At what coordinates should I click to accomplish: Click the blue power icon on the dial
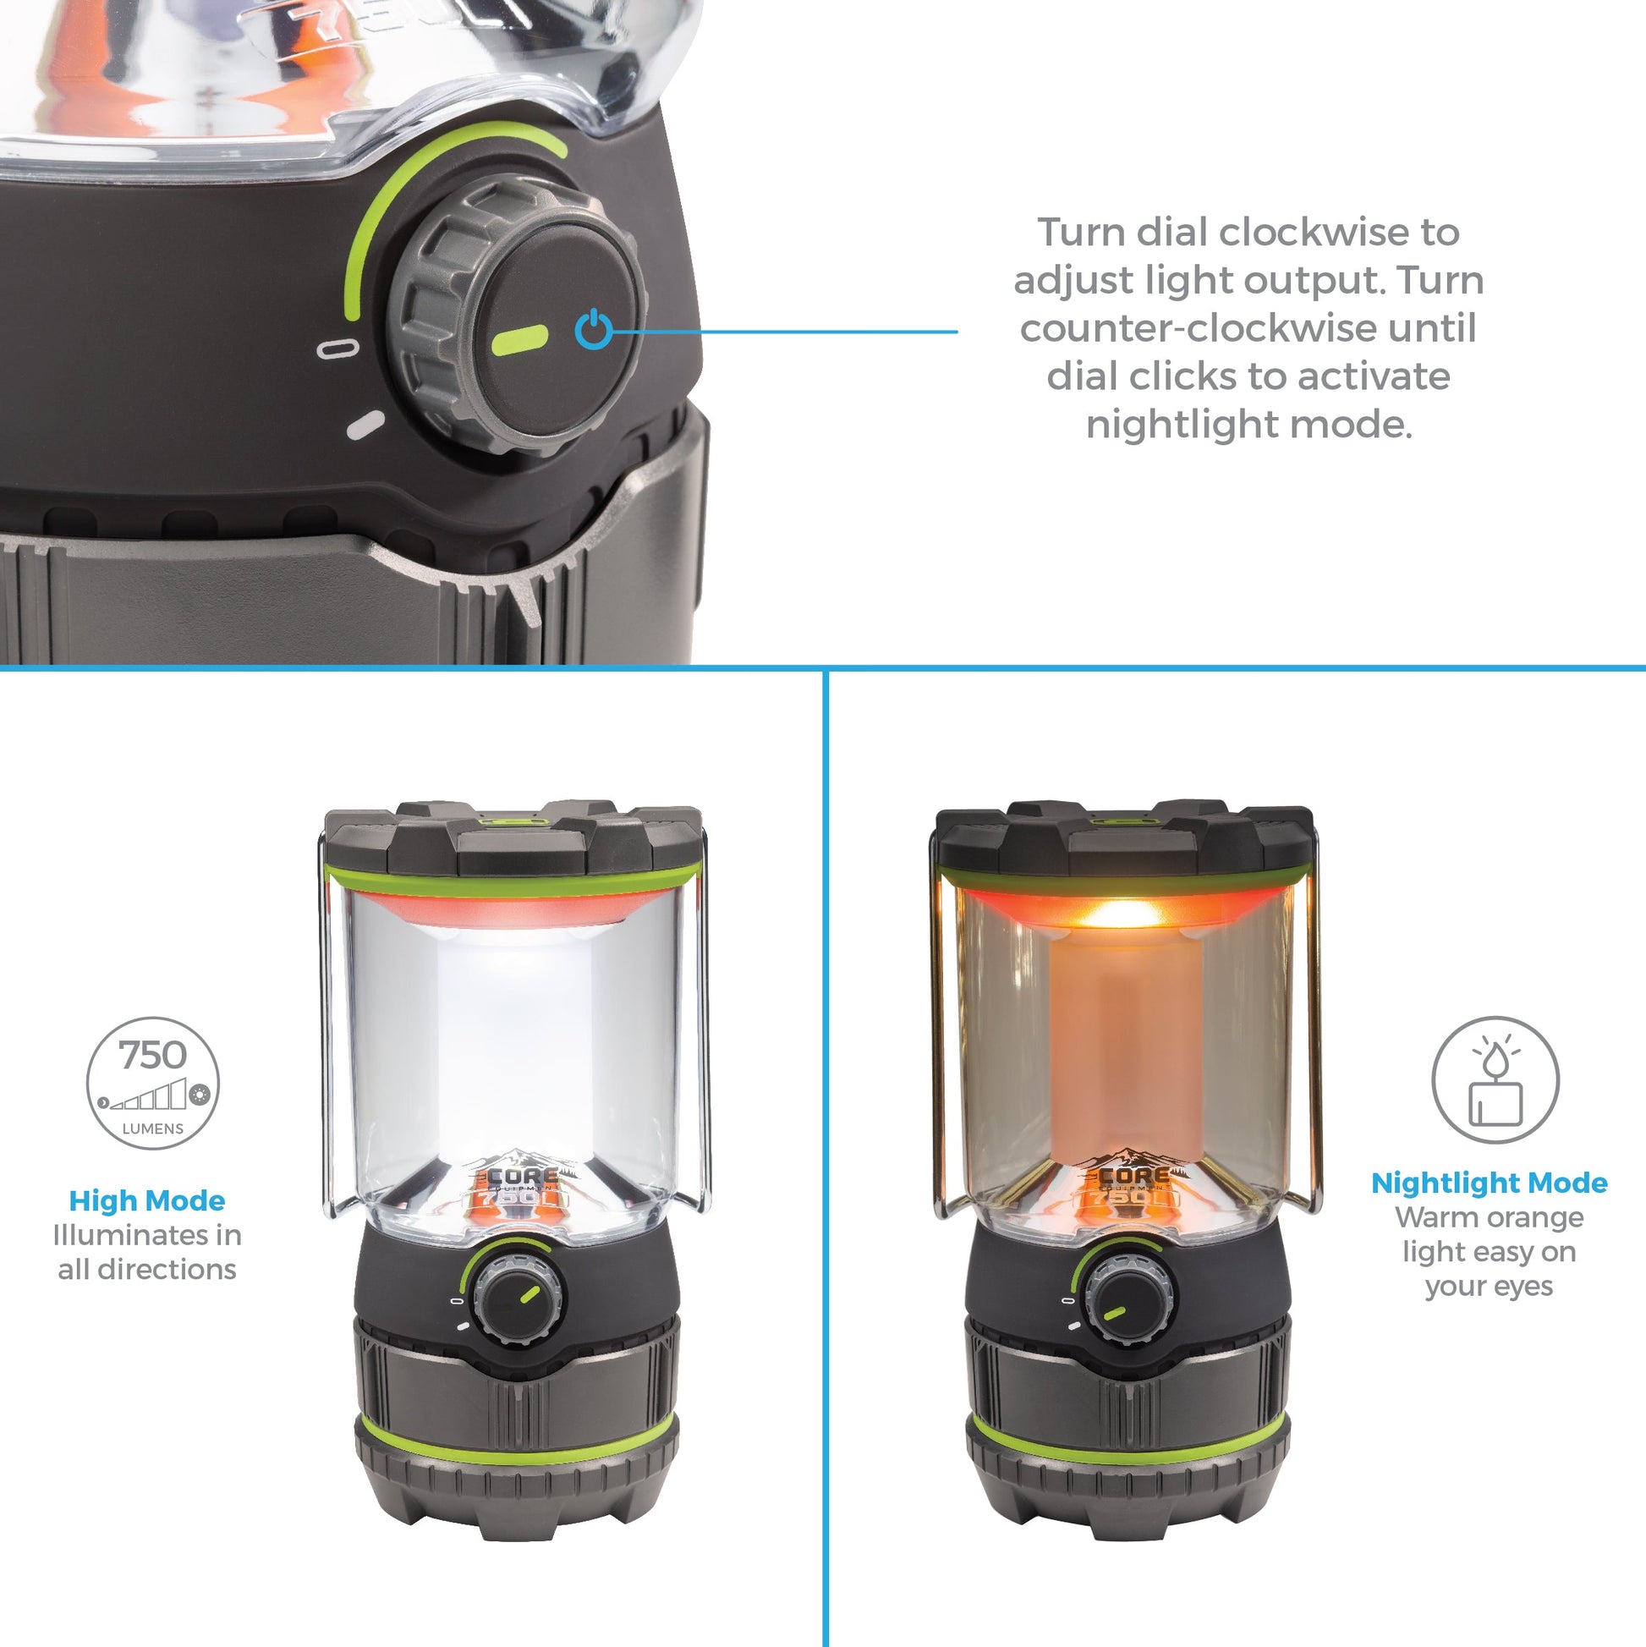593,330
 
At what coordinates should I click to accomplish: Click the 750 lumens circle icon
152,1083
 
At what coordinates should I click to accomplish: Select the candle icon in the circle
1495,1080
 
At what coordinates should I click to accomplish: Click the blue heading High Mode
146,1200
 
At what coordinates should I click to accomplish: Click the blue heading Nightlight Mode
1490,1183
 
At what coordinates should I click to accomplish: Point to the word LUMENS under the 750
152,1128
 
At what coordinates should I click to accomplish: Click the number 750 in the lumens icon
152,1056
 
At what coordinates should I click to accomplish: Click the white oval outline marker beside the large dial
337,348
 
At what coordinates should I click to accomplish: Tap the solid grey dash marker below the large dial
365,425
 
